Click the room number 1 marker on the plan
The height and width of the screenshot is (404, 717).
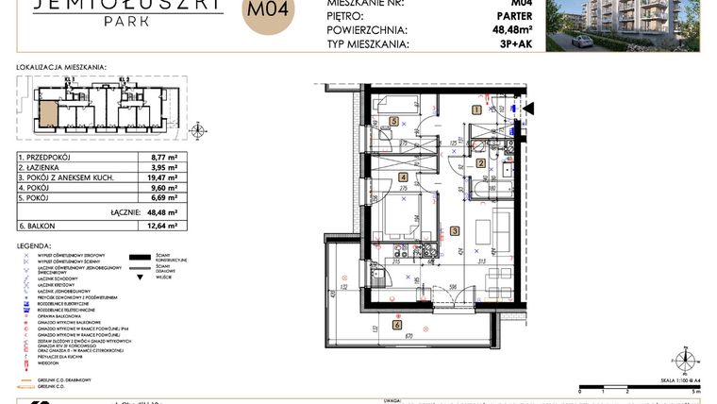pyautogui.click(x=477, y=109)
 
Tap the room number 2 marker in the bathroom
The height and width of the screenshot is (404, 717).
pyautogui.click(x=480, y=163)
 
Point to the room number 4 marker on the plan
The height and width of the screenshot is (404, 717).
pyautogui.click(x=403, y=177)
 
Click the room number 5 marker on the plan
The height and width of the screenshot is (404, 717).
pyautogui.click(x=394, y=121)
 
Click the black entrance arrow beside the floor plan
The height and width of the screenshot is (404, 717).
pyautogui.click(x=528, y=109)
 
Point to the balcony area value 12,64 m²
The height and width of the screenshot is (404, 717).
pyautogui.click(x=164, y=226)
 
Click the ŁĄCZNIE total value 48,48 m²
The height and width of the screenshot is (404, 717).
pyautogui.click(x=164, y=212)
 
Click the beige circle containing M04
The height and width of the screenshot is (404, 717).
pyautogui.click(x=269, y=13)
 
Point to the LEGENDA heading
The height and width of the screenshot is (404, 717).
pyautogui.click(x=35, y=244)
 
